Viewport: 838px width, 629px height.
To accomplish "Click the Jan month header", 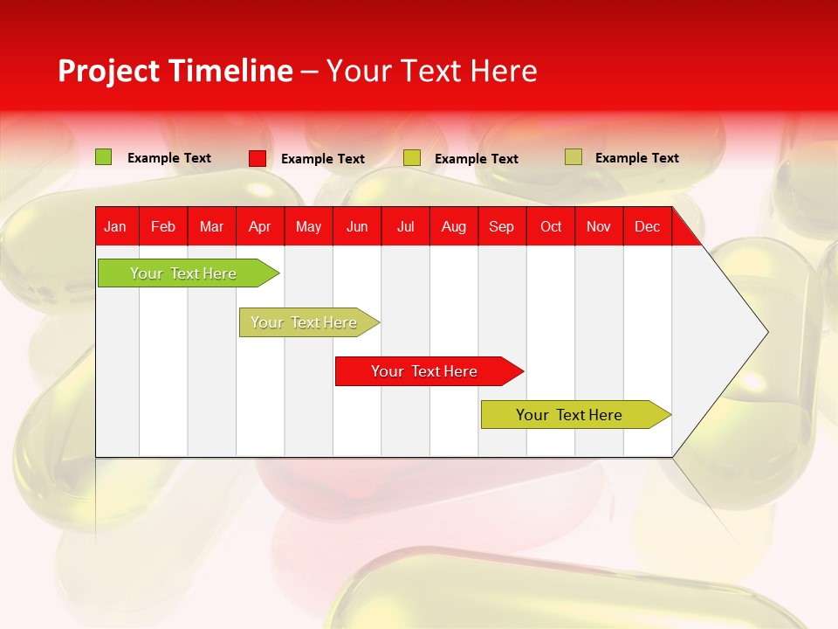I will pyautogui.click(x=115, y=227).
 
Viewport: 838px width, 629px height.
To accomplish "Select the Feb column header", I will pyautogui.click(x=163, y=227).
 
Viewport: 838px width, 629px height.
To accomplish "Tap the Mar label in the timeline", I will pyautogui.click(x=211, y=227).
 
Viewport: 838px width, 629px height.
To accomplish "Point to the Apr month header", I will pyautogui.click(x=259, y=227).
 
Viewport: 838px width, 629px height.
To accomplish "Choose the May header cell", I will pyautogui.click(x=308, y=227).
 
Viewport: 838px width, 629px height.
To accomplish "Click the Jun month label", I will pyautogui.click(x=357, y=227).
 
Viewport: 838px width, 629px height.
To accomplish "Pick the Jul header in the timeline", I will pyautogui.click(x=405, y=227).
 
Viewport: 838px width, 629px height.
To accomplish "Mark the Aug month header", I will pyautogui.click(x=453, y=227).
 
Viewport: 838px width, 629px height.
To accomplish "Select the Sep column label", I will pyautogui.click(x=501, y=227).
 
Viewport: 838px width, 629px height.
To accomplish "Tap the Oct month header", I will pyautogui.click(x=551, y=227).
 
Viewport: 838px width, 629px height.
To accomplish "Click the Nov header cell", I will pyautogui.click(x=599, y=227).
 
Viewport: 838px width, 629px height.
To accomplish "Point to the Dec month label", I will pyautogui.click(x=647, y=227).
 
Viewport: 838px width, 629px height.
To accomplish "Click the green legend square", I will pyautogui.click(x=104, y=157).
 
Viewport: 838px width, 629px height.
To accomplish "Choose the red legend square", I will pyautogui.click(x=258, y=158).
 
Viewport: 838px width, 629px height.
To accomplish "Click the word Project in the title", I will pyautogui.click(x=109, y=71).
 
